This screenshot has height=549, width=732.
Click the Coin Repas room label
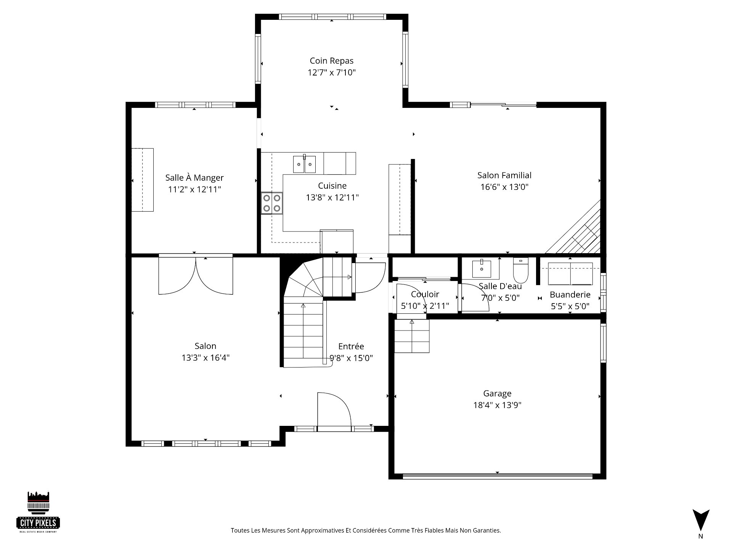click(x=331, y=61)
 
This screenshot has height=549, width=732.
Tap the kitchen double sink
click(x=305, y=164)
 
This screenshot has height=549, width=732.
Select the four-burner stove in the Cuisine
click(x=272, y=203)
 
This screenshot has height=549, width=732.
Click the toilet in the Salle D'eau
click(x=520, y=270)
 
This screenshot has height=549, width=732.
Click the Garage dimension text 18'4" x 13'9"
click(x=497, y=405)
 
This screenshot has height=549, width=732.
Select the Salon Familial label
click(x=504, y=175)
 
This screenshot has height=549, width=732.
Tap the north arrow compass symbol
click(x=701, y=520)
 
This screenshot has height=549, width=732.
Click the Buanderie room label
click(x=570, y=294)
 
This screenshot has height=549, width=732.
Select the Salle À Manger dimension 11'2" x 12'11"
click(x=194, y=189)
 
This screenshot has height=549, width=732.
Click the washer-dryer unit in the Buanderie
click(x=570, y=273)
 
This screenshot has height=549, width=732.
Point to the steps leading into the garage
click(x=412, y=336)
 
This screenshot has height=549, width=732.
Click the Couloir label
click(x=425, y=294)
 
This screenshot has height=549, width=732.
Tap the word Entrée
click(x=351, y=346)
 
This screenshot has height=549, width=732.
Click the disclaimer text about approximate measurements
click(x=366, y=530)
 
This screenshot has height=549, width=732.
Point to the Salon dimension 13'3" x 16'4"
click(x=205, y=358)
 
